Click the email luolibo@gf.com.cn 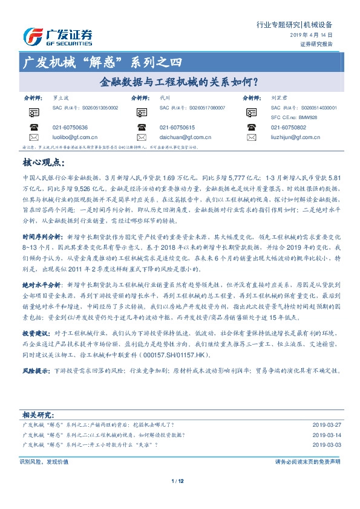[x=70, y=137]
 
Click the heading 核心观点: [x=41, y=162]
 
